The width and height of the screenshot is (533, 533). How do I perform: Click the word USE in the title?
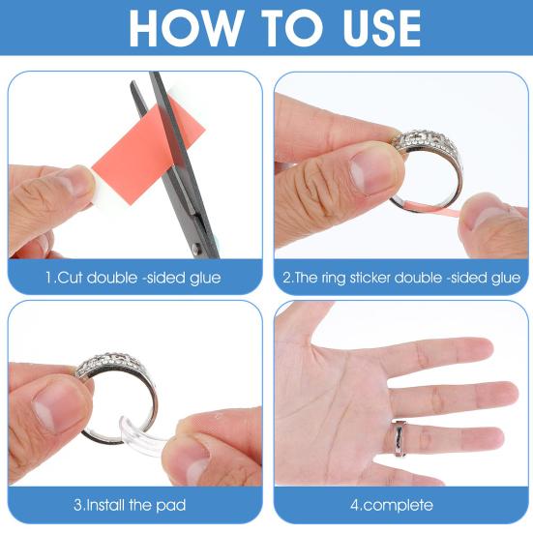(381, 28)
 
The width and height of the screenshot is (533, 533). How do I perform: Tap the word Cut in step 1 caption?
(70, 278)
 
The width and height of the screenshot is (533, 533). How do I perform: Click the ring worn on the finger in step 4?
(400, 437)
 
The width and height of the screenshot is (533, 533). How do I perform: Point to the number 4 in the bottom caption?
(355, 505)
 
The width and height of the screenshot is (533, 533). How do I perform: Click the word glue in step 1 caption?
(205, 279)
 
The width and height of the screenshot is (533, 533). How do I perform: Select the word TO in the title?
(291, 28)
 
